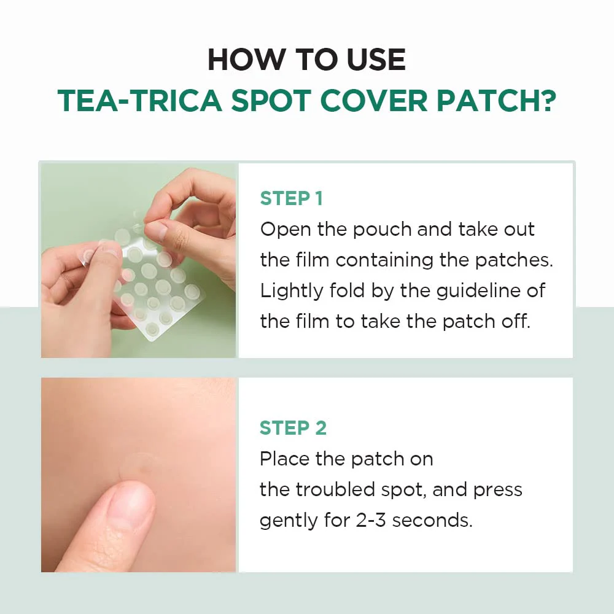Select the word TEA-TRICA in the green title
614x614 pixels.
coord(140,101)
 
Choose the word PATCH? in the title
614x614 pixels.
coord(496,101)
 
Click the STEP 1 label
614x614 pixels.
coord(291,198)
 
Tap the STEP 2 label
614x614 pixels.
coord(293,427)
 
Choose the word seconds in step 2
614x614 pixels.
coord(432,521)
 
